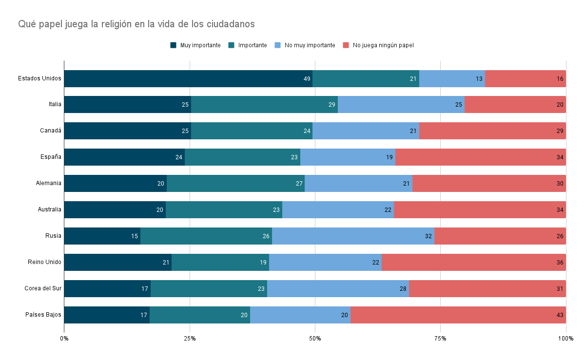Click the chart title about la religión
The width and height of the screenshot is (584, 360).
tap(136, 24)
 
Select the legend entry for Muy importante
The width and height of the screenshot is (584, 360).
tap(195, 45)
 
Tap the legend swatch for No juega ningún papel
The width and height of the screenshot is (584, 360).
tap(346, 45)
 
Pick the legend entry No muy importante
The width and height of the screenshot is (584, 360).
tap(305, 45)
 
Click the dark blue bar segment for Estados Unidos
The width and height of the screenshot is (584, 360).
tap(188, 78)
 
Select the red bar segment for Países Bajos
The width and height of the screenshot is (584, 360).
tap(458, 315)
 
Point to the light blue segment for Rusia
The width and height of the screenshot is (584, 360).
tap(353, 236)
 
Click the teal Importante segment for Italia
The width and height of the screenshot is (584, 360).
tap(264, 105)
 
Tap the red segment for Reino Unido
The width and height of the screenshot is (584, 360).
tap(474, 263)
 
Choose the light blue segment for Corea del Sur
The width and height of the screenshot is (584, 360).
tap(338, 288)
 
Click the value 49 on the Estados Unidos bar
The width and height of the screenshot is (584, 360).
tap(307, 79)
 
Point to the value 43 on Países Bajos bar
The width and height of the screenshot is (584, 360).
tap(560, 315)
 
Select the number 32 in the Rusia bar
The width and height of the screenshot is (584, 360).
tap(428, 236)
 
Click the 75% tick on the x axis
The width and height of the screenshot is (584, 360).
tap(440, 339)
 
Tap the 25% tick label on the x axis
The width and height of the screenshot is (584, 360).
tap(190, 339)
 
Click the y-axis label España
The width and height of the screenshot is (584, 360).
tap(51, 157)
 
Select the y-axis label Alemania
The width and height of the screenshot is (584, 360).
tap(48, 183)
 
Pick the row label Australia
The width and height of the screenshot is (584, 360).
tap(50, 209)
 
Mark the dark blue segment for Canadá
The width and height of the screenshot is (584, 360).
tap(128, 131)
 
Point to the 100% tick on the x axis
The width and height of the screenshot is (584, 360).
tap(566, 339)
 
